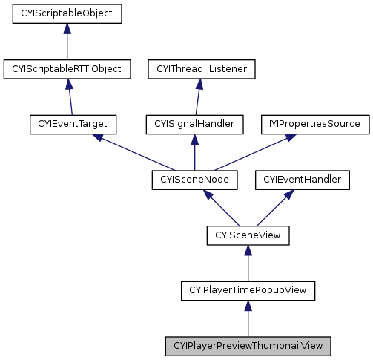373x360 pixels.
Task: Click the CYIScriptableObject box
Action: click(x=67, y=13)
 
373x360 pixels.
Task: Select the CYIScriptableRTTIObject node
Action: click(x=67, y=69)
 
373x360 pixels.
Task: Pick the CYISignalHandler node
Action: click(x=195, y=124)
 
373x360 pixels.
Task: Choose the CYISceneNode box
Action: click(x=194, y=179)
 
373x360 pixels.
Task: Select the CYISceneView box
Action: click(x=248, y=235)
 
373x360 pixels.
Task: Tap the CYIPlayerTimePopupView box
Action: click(x=248, y=290)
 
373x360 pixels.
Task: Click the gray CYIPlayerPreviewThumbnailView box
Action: click(x=248, y=346)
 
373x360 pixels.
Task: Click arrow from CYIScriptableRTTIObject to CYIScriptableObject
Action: click(x=67, y=42)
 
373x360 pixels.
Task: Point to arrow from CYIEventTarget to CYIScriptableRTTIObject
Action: click(x=70, y=96)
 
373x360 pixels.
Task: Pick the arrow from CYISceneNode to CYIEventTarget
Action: click(x=133, y=151)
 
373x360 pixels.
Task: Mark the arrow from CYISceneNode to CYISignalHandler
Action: click(x=195, y=151)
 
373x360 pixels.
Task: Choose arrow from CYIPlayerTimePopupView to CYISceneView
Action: click(x=248, y=263)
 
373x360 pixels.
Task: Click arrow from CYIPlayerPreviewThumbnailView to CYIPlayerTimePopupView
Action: click(x=248, y=318)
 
